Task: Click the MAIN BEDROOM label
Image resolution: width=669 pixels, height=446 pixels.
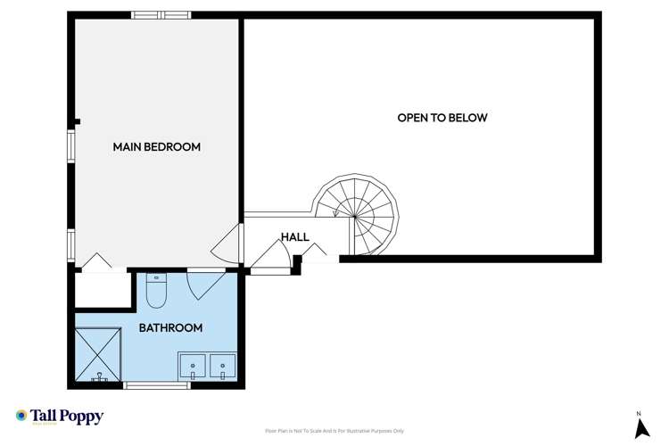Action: tap(156, 146)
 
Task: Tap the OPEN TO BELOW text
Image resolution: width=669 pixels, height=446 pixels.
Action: tap(442, 118)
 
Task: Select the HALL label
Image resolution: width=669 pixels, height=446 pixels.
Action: tap(294, 237)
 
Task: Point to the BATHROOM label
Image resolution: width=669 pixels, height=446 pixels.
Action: tap(170, 327)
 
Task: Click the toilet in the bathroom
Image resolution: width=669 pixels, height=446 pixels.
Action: tap(156, 289)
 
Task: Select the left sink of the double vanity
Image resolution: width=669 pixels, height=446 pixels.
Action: tap(192, 366)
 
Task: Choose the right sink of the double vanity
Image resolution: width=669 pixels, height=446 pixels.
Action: tap(221, 366)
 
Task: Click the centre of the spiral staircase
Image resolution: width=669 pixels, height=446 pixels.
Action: tap(357, 214)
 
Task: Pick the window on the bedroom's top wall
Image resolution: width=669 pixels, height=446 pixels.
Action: tap(161, 14)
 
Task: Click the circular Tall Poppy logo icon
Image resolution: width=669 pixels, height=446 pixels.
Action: tap(21, 416)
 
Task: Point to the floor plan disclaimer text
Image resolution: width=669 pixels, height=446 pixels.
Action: tap(334, 431)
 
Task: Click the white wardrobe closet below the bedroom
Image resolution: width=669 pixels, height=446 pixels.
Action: tap(103, 289)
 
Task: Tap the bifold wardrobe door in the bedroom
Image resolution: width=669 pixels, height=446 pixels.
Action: tap(95, 261)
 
